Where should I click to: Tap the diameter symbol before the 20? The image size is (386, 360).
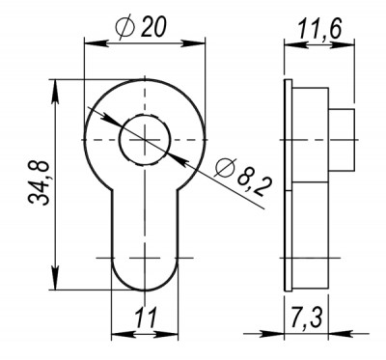(x=133, y=29)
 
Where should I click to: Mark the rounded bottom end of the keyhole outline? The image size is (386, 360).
(x=143, y=283)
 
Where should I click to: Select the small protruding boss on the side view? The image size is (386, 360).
(x=344, y=139)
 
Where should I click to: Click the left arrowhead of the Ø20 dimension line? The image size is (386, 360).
(x=90, y=43)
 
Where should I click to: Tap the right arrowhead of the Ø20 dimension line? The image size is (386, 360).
(x=199, y=43)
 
